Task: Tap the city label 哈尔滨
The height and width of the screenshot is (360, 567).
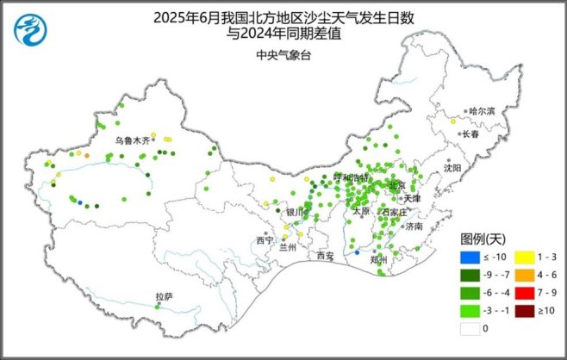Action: (x=483, y=111)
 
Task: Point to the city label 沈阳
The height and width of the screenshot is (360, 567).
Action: (x=453, y=167)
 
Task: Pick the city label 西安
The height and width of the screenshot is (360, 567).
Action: (x=325, y=256)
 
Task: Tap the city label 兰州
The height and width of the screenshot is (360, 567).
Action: (x=290, y=246)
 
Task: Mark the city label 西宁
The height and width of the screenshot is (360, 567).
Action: (x=265, y=240)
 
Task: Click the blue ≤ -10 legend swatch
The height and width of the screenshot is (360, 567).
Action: (x=470, y=258)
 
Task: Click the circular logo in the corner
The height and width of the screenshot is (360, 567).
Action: (x=31, y=30)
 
